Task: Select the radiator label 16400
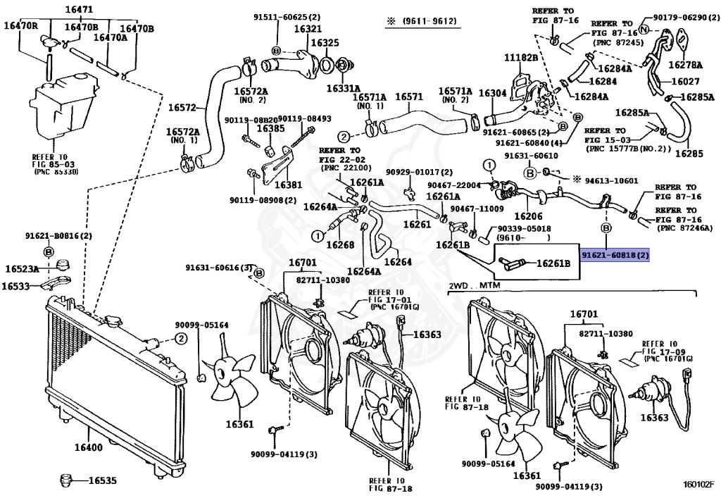coord(87,447)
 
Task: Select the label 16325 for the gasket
coord(325,43)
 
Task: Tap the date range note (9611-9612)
coord(421,21)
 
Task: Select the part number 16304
coord(492,93)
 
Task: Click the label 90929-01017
coord(418,172)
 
